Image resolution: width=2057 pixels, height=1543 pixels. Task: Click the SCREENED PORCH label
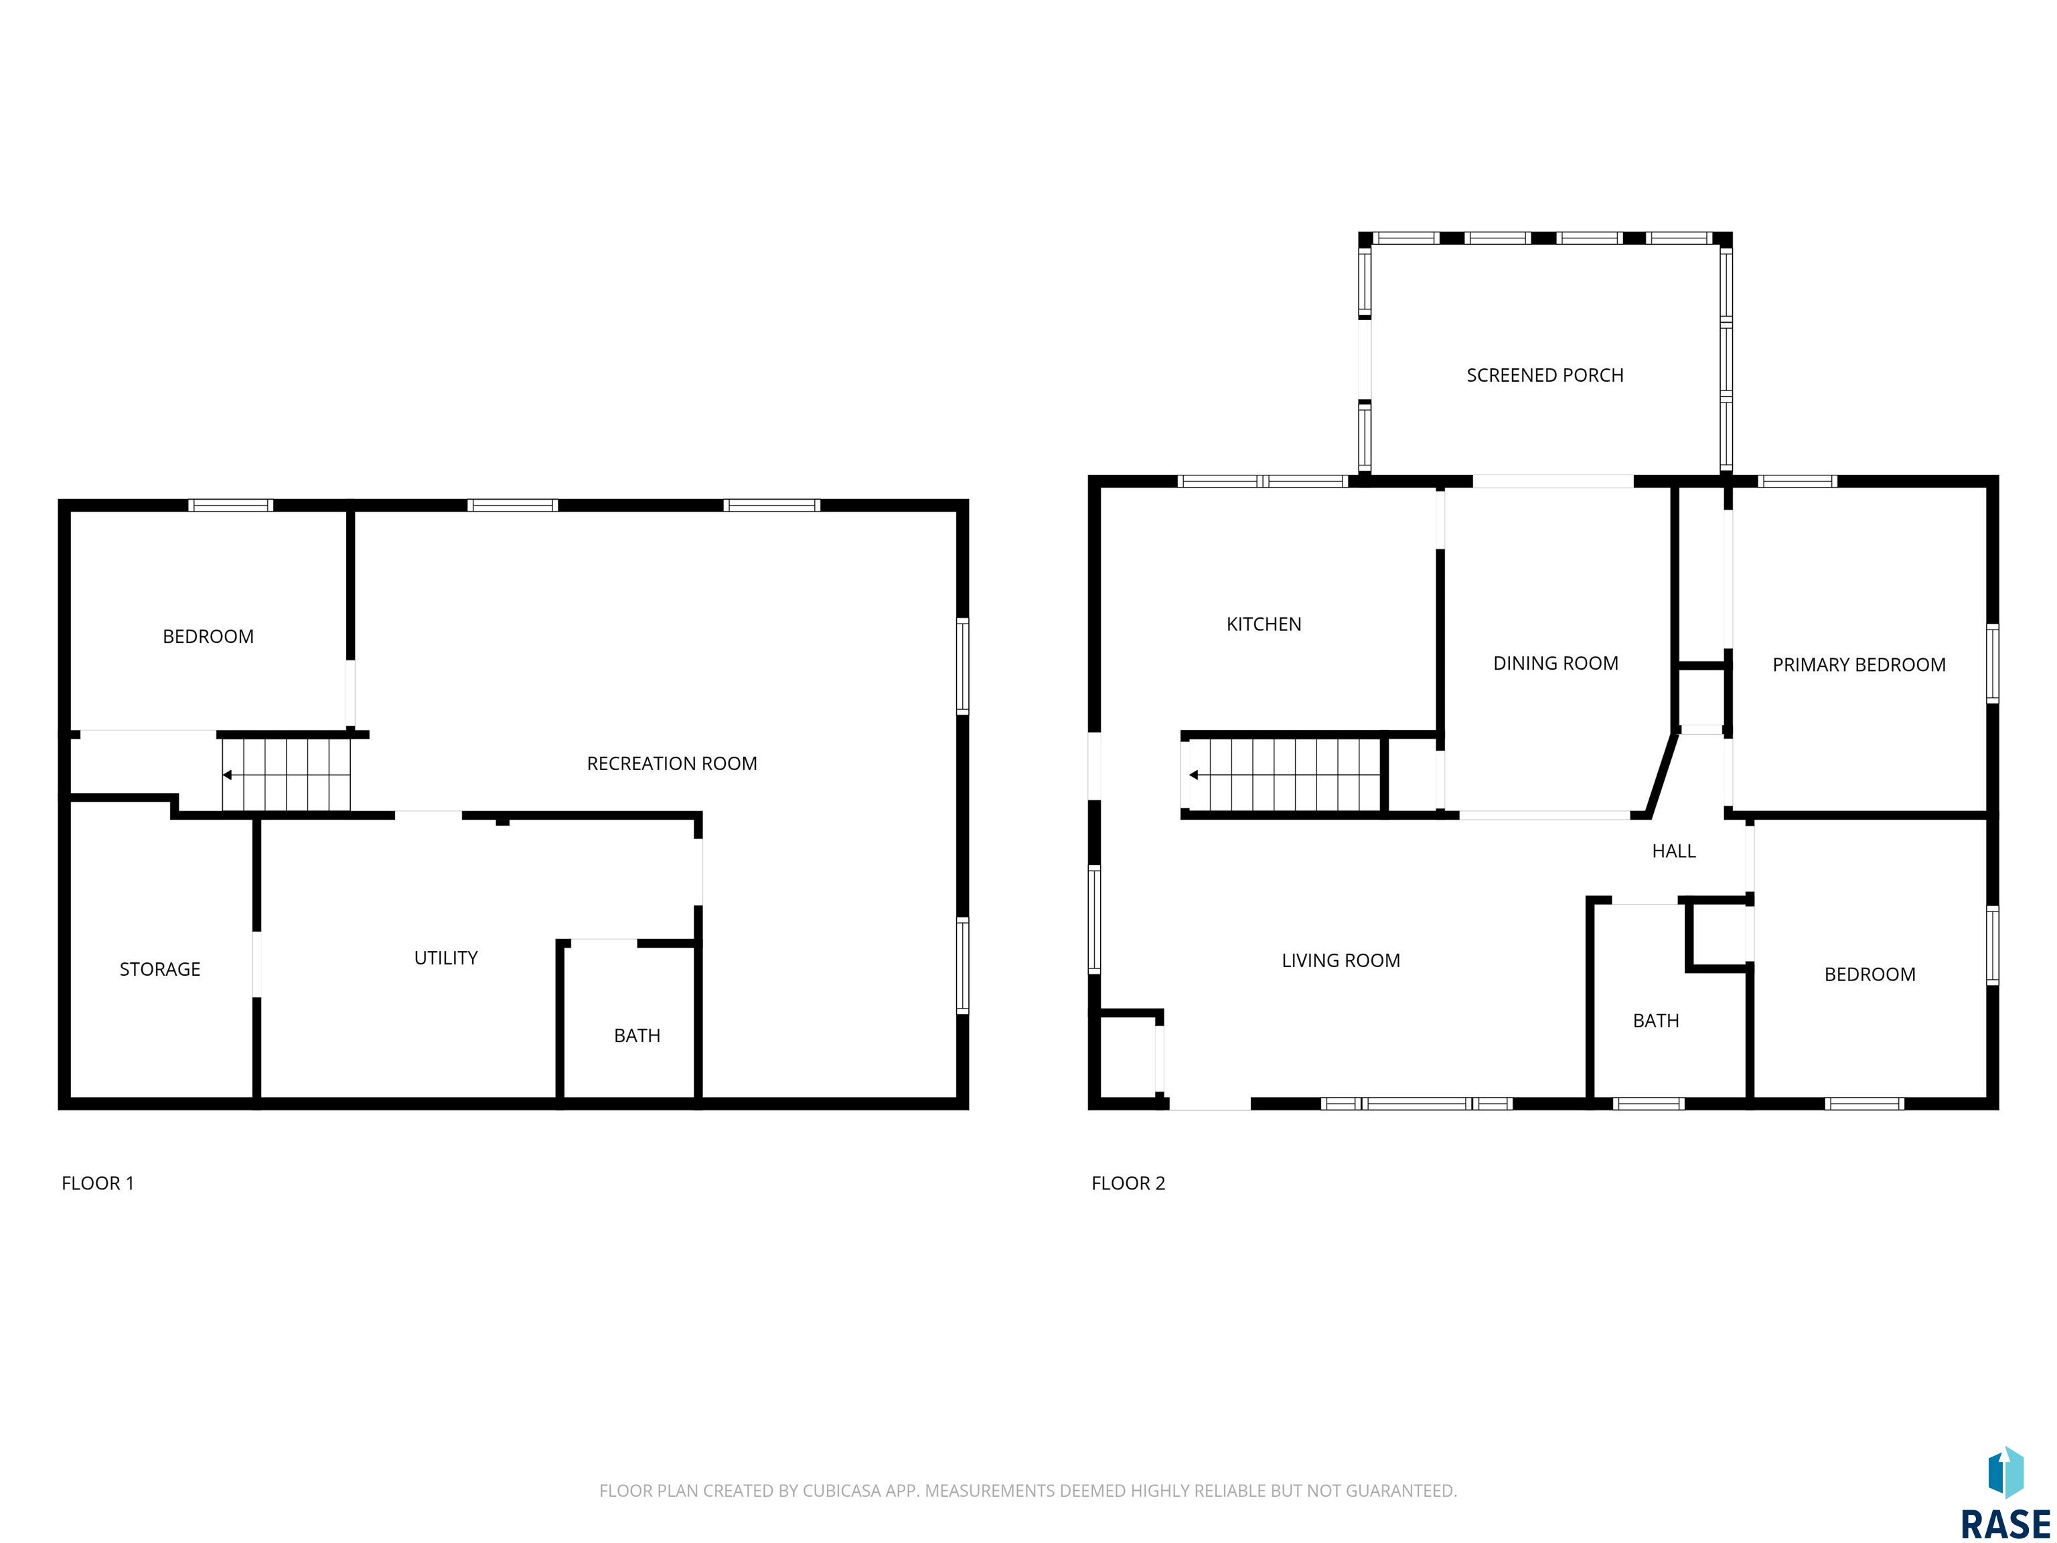pyautogui.click(x=1545, y=376)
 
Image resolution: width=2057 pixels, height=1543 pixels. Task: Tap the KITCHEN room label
pyautogui.click(x=1264, y=624)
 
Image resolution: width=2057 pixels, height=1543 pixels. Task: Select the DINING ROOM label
pyautogui.click(x=1555, y=663)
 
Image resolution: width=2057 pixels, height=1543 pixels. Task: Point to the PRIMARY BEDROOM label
pyautogui.click(x=1859, y=665)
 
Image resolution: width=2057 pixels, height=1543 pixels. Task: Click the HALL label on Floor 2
pyautogui.click(x=1674, y=851)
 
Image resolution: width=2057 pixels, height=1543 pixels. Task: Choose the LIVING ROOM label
pyautogui.click(x=1341, y=961)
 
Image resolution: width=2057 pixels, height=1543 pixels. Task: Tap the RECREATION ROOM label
pyautogui.click(x=672, y=763)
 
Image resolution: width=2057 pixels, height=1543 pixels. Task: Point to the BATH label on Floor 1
pyautogui.click(x=637, y=1036)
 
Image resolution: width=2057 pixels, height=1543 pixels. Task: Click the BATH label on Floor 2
pyautogui.click(x=1656, y=1021)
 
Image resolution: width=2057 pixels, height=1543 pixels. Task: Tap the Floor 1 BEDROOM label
pyautogui.click(x=208, y=637)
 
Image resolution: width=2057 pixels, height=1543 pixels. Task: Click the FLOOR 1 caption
pyautogui.click(x=98, y=1183)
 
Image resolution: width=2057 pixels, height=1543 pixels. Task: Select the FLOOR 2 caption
pyautogui.click(x=1128, y=1183)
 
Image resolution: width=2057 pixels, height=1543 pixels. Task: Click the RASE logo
pyautogui.click(x=2006, y=1498)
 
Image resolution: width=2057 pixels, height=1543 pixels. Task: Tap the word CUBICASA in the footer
pyautogui.click(x=842, y=1491)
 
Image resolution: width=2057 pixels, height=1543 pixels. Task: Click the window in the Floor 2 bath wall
pyautogui.click(x=1649, y=1104)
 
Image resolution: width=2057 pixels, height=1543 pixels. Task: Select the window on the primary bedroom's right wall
pyautogui.click(x=1993, y=664)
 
